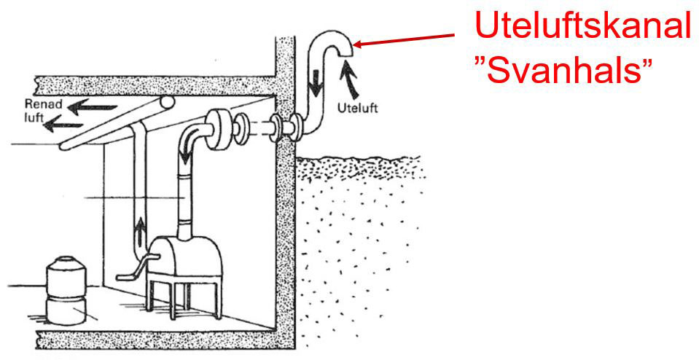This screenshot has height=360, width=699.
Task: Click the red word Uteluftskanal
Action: [x=582, y=27]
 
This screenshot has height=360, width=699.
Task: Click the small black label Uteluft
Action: [x=359, y=109]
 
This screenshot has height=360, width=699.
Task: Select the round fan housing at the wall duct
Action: [x=219, y=131]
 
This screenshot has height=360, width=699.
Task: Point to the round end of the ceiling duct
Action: [x=167, y=104]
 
